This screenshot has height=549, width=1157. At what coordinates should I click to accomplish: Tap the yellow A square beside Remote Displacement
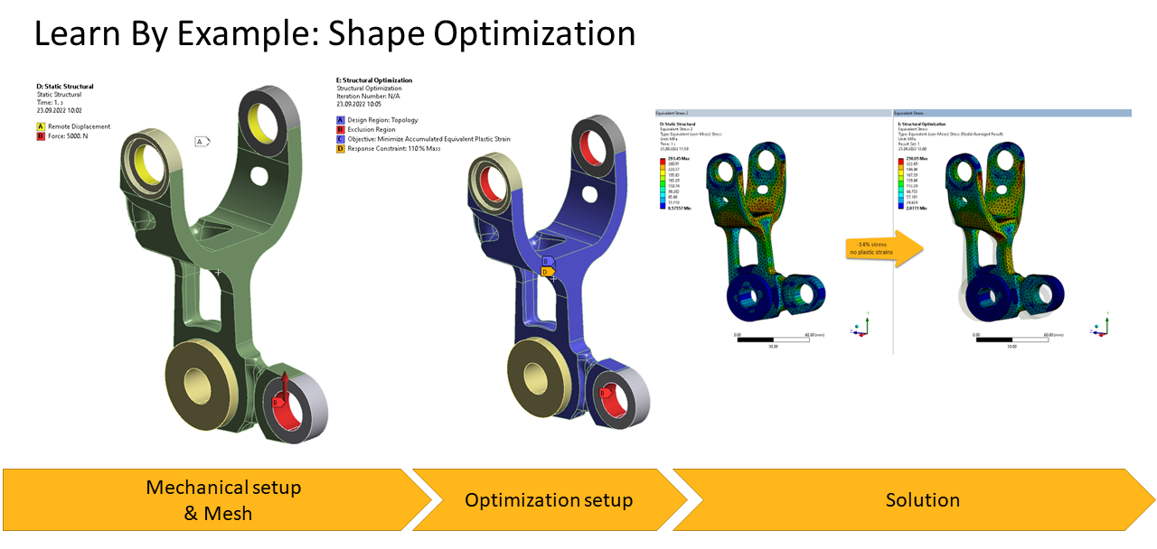(x=40, y=126)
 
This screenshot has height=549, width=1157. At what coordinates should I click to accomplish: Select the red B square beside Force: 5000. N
(x=40, y=135)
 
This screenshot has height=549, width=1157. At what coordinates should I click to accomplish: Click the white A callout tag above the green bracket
(x=202, y=141)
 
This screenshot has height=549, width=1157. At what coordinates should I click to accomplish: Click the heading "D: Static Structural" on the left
(x=64, y=87)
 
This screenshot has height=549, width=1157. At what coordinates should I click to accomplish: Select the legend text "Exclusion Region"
(x=372, y=129)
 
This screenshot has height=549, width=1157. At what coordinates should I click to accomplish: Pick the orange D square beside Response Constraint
(x=340, y=148)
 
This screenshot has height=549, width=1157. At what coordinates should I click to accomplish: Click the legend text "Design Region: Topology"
(x=384, y=119)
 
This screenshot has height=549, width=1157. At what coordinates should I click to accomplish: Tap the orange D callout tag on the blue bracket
(x=546, y=271)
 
